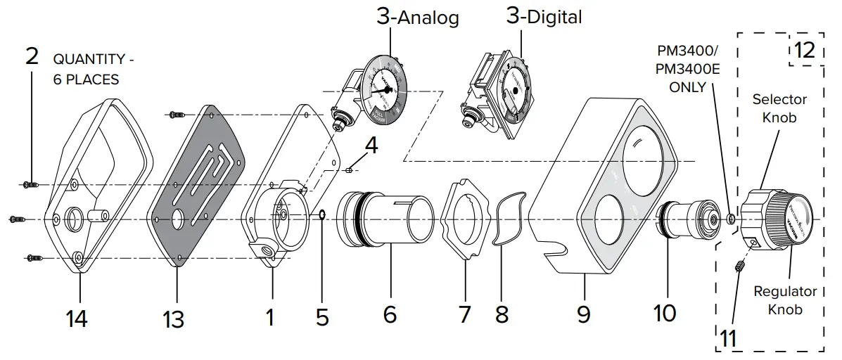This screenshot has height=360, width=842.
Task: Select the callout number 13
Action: point(173,319)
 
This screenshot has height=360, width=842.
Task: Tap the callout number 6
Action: point(390,314)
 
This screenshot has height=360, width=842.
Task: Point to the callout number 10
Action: point(664,312)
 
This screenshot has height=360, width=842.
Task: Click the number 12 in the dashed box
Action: point(804,50)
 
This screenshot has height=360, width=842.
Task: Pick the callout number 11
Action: point(728,338)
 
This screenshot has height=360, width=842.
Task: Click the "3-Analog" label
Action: point(417,17)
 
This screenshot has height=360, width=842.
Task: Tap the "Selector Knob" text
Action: point(779,108)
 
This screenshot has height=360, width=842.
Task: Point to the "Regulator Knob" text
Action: point(785,300)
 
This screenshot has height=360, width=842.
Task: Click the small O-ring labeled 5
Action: point(321,214)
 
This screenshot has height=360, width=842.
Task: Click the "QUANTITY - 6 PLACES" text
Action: point(91,70)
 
